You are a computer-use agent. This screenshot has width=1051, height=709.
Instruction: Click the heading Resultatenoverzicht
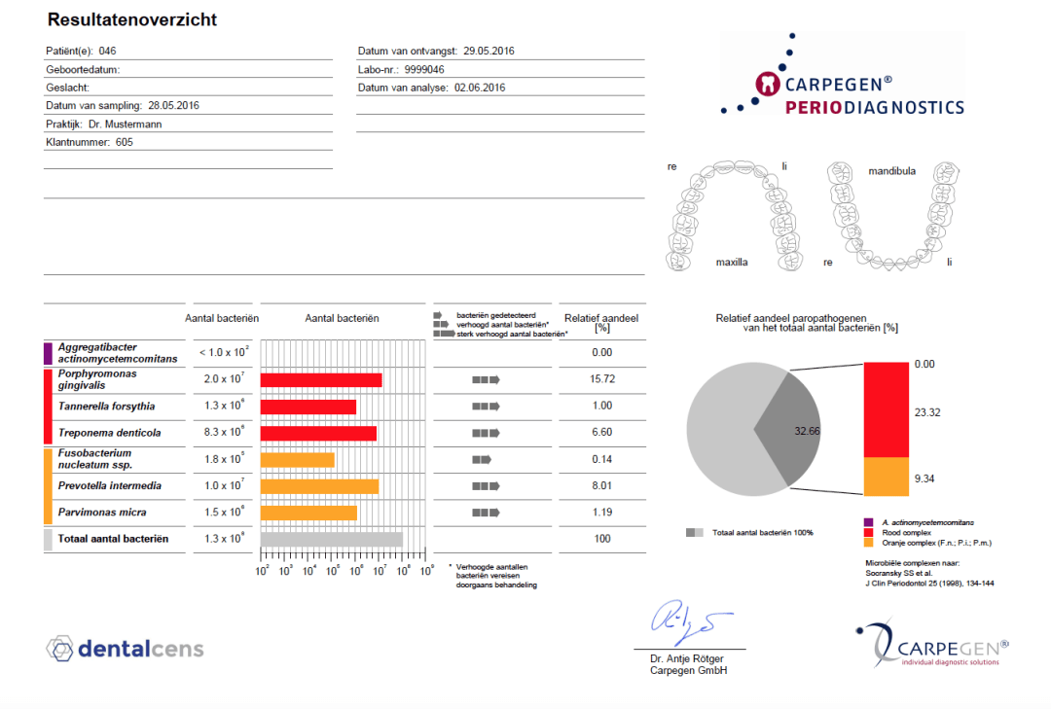(x=131, y=19)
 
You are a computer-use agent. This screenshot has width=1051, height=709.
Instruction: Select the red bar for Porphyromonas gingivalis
(x=321, y=379)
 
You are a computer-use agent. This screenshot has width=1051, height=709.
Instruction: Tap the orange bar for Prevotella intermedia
(x=320, y=485)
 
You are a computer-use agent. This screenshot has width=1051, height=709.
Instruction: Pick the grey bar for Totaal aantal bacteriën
(x=332, y=539)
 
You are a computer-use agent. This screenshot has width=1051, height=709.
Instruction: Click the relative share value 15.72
(x=601, y=379)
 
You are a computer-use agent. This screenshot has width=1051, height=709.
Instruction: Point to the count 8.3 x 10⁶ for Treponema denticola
(x=223, y=433)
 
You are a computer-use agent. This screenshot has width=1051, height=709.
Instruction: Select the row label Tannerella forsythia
(x=107, y=407)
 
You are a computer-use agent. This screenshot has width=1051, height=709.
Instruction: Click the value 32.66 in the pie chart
(x=809, y=430)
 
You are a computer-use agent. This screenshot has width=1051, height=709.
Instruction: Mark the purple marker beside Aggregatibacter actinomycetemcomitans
(x=46, y=353)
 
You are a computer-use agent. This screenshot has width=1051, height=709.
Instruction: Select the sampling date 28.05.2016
(x=174, y=105)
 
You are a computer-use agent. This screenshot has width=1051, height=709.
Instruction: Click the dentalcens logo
(x=126, y=648)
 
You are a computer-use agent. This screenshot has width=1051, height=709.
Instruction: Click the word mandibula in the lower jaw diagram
(x=891, y=171)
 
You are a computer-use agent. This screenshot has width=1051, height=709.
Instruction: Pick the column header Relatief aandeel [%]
(x=601, y=323)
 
